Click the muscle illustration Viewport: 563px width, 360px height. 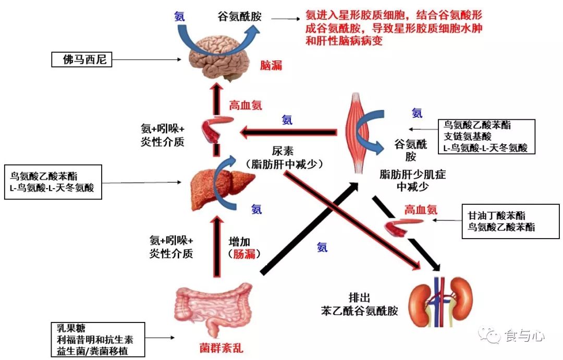coord(358,133)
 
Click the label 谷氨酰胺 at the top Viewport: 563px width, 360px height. coord(239,17)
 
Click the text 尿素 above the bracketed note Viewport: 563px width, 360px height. coord(283,151)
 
